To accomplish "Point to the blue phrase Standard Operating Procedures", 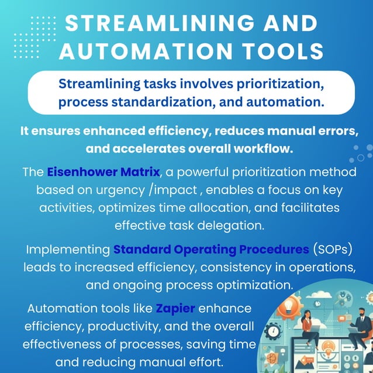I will [211, 250].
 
